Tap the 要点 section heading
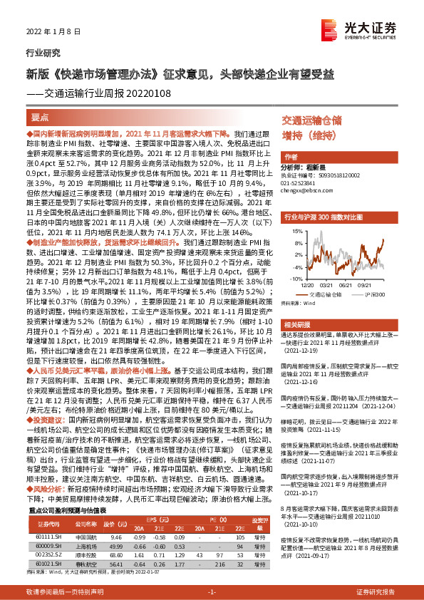pos(39,118)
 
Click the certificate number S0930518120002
pos(320,175)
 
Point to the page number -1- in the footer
pos(212,592)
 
